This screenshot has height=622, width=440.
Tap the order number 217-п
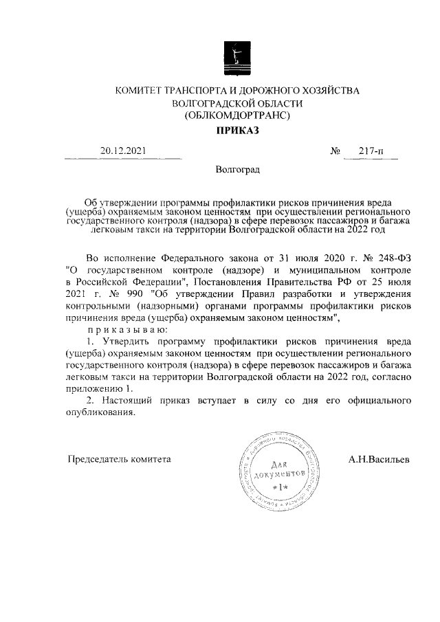click(x=371, y=151)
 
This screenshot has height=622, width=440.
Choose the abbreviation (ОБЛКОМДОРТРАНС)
click(x=237, y=115)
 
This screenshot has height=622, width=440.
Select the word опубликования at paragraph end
click(x=96, y=414)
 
